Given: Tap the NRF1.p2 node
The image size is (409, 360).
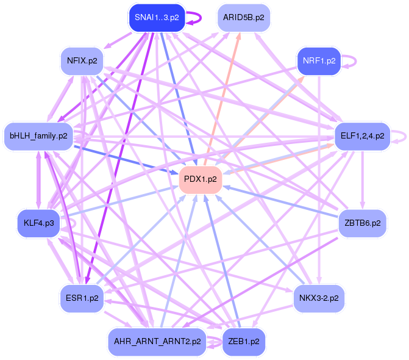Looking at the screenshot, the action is [319, 61].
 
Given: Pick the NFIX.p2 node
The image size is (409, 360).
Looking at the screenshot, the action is [82, 61].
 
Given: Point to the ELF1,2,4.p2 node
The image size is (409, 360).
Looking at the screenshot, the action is [362, 135].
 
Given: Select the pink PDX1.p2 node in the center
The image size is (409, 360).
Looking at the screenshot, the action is [200, 179].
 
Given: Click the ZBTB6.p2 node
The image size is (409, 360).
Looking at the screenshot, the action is [362, 223].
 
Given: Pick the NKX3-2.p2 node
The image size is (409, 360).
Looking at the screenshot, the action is [319, 298].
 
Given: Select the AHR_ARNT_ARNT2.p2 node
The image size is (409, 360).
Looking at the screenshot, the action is [157, 342].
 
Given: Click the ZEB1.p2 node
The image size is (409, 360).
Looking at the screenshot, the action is [243, 342].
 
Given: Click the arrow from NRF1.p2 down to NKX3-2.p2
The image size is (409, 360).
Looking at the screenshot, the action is [319, 183].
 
